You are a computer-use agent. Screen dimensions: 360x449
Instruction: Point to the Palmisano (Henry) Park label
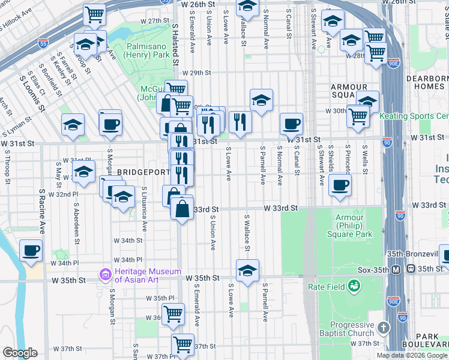tap(148, 50)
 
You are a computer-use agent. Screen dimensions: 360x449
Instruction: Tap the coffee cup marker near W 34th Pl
tap(31, 250)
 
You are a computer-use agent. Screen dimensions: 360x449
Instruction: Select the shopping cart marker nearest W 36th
tap(173, 312)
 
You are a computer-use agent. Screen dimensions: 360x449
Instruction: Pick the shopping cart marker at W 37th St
tap(183, 344)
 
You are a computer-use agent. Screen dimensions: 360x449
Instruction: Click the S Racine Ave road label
tap(42, 212)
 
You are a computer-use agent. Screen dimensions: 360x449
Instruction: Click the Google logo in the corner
tap(20, 353)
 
